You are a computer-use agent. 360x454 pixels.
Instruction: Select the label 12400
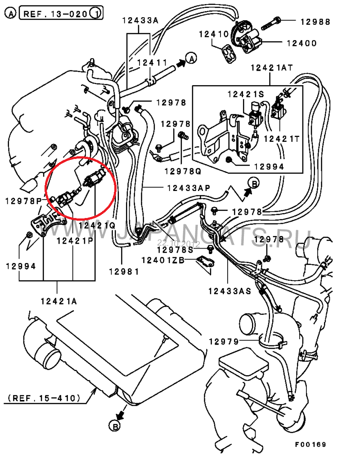pyautogui.click(x=300, y=43)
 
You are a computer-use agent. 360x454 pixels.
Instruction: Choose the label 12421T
pyautogui.click(x=281, y=139)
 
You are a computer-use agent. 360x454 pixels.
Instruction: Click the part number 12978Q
pyautogui.click(x=182, y=171)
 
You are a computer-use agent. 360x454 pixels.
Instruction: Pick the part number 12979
pyautogui.click(x=224, y=342)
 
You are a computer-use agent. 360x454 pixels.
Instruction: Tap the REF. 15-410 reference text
pyautogui.click(x=44, y=398)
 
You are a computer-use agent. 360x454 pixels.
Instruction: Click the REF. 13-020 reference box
pyautogui.click(x=57, y=14)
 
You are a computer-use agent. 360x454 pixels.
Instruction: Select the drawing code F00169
pyautogui.click(x=310, y=445)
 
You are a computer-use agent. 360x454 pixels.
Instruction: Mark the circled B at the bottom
pyautogui.click(x=115, y=425)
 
